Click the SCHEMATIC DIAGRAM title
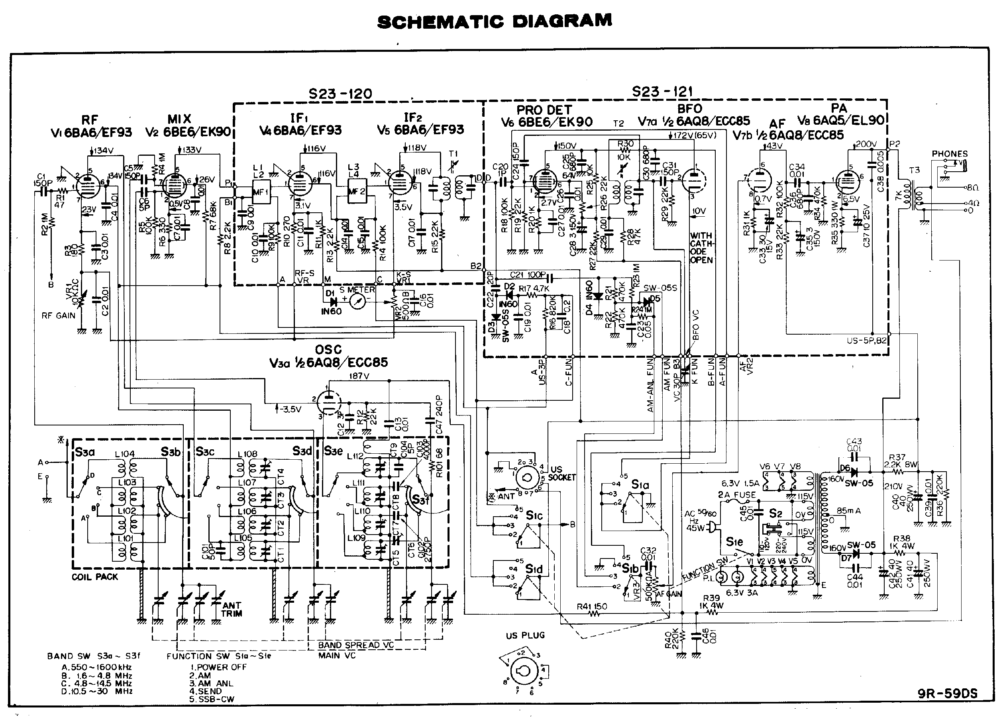495,21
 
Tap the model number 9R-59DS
948,694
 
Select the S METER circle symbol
357,302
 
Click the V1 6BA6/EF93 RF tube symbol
87,182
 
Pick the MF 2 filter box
357,191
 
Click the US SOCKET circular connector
528,478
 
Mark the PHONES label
949,154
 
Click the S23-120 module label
341,94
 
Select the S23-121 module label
662,92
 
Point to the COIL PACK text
94,577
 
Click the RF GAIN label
58,315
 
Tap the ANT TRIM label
232,609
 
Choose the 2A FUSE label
736,495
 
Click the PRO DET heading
544,110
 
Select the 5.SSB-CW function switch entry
212,699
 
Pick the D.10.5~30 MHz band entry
97,691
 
